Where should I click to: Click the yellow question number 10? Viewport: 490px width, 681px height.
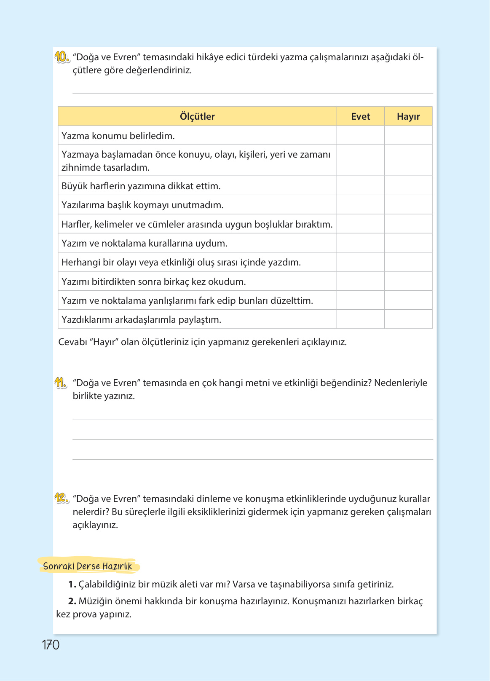(x=62, y=57)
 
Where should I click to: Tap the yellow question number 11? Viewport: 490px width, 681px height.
(x=61, y=383)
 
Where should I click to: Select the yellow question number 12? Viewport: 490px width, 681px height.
(x=61, y=498)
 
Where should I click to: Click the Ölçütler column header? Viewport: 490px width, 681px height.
(x=197, y=116)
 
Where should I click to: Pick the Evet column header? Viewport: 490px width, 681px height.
(x=361, y=116)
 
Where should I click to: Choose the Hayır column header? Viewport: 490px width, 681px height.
(x=408, y=116)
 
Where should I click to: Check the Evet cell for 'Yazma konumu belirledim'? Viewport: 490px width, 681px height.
(x=361, y=136)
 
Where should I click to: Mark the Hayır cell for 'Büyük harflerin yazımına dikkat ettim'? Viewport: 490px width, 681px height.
(x=408, y=186)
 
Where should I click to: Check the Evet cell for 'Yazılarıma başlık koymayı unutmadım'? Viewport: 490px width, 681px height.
(x=361, y=205)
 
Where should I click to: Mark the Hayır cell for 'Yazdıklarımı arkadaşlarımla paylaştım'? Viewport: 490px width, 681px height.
(x=408, y=319)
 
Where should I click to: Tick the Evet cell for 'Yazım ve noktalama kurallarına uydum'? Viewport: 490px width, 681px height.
(x=361, y=243)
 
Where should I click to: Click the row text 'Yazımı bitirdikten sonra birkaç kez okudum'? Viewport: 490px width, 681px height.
(x=154, y=282)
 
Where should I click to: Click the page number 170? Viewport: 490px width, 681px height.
(x=51, y=645)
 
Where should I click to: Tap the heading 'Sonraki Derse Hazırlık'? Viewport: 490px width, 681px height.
(x=88, y=566)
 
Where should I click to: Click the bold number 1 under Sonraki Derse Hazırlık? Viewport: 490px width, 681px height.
(x=72, y=584)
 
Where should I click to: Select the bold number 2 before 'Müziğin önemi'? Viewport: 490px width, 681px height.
(x=72, y=601)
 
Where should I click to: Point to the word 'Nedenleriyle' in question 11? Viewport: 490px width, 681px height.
(x=401, y=383)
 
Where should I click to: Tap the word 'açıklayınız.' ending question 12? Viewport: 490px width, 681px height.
(x=95, y=525)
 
